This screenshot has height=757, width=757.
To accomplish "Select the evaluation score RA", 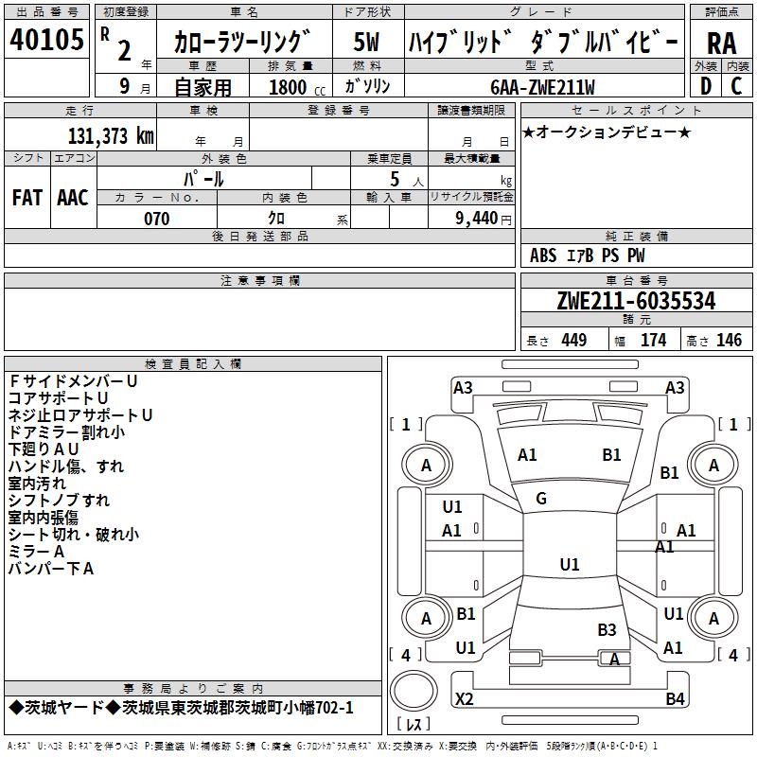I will click(x=721, y=43).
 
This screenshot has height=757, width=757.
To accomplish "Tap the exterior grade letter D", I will click(x=705, y=86).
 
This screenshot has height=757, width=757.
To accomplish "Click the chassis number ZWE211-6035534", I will click(x=636, y=302).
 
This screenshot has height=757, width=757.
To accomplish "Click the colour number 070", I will click(x=156, y=219).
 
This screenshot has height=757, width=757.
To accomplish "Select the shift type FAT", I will click(x=26, y=198).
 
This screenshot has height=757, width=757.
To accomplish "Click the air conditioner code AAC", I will click(x=73, y=198).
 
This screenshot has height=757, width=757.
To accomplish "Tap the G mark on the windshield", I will click(x=541, y=499).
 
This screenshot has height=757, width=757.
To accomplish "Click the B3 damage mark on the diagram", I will click(x=607, y=629).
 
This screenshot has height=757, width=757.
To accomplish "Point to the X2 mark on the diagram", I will click(x=465, y=699).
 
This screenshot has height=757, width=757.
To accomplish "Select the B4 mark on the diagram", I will click(x=675, y=699).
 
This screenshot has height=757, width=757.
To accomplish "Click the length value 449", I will click(x=574, y=341).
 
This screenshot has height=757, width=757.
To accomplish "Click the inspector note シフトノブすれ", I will click(x=59, y=501).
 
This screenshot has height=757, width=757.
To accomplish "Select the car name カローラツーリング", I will click(x=242, y=43).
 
